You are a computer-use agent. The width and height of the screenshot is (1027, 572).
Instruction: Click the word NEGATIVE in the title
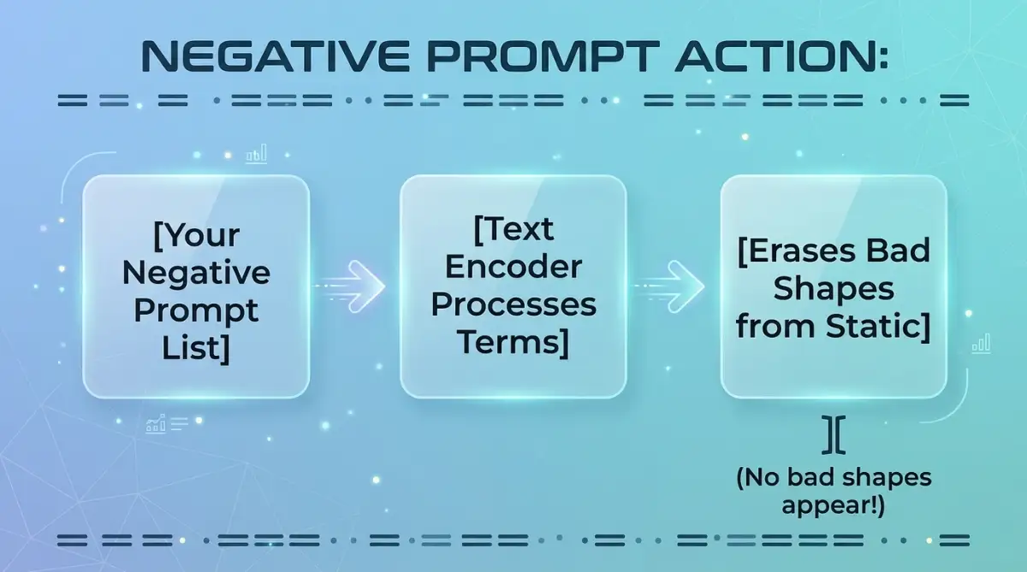click(x=275, y=56)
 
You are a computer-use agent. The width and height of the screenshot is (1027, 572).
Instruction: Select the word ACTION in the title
click(x=775, y=56)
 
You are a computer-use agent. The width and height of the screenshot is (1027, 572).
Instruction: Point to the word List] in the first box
click(x=196, y=349)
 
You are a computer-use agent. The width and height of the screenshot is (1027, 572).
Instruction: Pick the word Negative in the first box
click(x=196, y=273)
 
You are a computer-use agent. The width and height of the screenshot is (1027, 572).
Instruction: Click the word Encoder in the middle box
click(x=513, y=267)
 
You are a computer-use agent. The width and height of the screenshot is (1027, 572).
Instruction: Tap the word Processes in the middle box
click(x=513, y=305)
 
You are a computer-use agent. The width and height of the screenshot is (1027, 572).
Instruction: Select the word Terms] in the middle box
click(x=513, y=343)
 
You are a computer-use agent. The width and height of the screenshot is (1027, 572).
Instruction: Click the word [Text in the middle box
click(x=513, y=229)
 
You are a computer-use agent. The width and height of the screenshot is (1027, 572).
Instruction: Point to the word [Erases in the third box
click(x=797, y=251)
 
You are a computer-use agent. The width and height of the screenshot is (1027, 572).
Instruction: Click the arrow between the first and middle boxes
click(x=349, y=286)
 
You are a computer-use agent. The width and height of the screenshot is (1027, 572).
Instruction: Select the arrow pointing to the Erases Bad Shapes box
click(x=668, y=286)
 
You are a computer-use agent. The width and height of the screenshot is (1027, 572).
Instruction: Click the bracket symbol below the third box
click(x=834, y=435)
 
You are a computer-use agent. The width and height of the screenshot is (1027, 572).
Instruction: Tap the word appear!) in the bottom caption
click(x=834, y=506)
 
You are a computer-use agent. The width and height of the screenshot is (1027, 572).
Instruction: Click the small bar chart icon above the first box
click(x=256, y=154)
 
